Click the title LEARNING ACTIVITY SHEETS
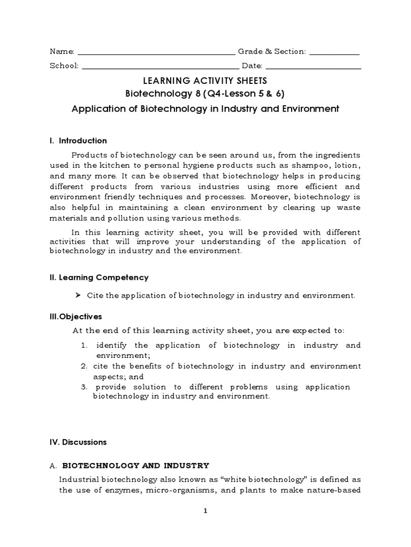click(x=205, y=81)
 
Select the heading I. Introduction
click(x=78, y=141)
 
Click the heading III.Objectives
click(x=75, y=317)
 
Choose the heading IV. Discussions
click(x=78, y=442)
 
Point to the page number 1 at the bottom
click(x=205, y=511)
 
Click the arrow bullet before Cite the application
click(x=78, y=295)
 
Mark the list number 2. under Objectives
click(x=85, y=366)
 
